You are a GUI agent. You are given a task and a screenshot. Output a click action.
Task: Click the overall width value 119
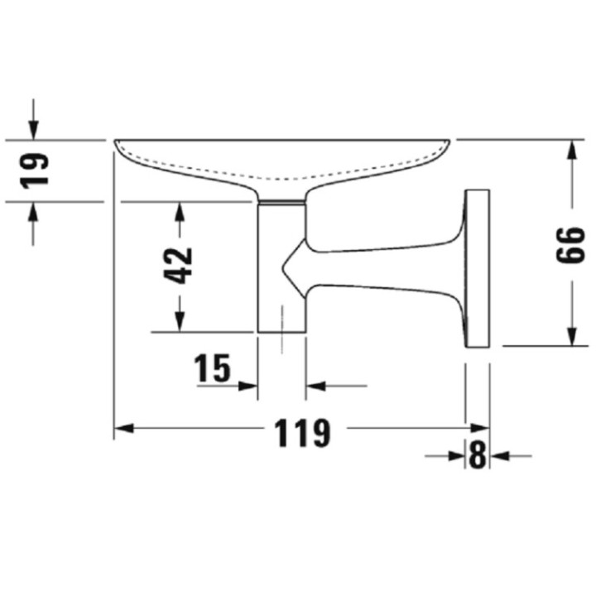click(x=301, y=433)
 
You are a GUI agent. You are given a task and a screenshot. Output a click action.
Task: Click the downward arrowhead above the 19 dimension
click(x=33, y=130)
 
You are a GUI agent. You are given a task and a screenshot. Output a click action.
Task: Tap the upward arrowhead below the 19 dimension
click(x=33, y=211)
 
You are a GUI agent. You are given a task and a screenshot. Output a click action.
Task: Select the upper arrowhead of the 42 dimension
click(x=179, y=211)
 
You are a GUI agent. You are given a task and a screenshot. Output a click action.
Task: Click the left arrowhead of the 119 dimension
click(x=123, y=428)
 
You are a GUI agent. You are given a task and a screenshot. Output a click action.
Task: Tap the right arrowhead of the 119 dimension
click(x=479, y=428)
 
